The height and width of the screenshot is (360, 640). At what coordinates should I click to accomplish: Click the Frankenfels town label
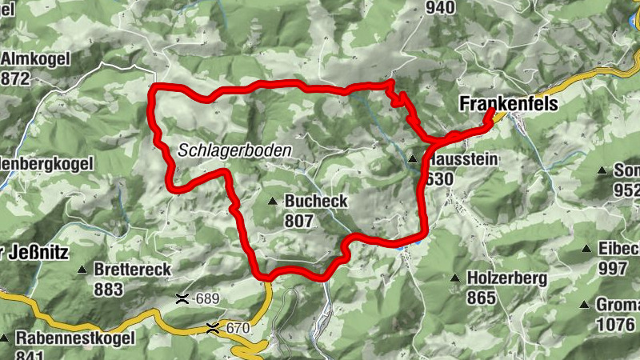[508, 104]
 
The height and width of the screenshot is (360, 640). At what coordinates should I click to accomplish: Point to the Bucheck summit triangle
[273, 201]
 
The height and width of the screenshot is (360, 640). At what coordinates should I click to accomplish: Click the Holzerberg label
[506, 278]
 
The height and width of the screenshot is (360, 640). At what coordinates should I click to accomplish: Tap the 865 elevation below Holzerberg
[482, 297]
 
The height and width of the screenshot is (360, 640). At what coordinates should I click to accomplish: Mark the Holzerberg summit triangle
[455, 278]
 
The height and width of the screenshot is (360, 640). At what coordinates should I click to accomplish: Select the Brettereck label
[132, 270]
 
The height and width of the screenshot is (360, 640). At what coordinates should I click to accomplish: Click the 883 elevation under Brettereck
[109, 288]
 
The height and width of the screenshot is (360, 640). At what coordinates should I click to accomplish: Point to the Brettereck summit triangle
[82, 270]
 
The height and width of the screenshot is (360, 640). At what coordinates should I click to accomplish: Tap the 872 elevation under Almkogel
[16, 78]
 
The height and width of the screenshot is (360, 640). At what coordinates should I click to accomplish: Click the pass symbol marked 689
[182, 299]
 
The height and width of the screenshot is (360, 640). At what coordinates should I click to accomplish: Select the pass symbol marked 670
[213, 327]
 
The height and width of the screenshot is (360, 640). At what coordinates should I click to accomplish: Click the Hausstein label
[463, 160]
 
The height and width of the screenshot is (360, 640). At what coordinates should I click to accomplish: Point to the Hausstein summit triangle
[413, 159]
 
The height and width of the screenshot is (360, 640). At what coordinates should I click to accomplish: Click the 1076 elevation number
[617, 325]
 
